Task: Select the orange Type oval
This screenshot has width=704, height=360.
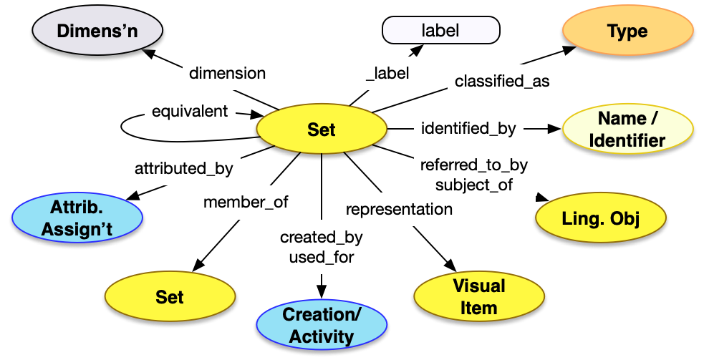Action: pyautogui.click(x=627, y=32)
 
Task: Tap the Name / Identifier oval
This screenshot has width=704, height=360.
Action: pyautogui.click(x=627, y=130)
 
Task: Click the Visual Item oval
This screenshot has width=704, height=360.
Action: pyautogui.click(x=478, y=297)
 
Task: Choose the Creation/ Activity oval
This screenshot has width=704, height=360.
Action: pyautogui.click(x=322, y=326)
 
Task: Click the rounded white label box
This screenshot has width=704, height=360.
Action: pyautogui.click(x=440, y=31)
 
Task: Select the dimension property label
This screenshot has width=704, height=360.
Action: pyautogui.click(x=227, y=73)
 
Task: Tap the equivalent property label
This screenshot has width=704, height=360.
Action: pyautogui.click(x=190, y=111)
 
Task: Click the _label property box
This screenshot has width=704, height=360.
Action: pyautogui.click(x=387, y=73)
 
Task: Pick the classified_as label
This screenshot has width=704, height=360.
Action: pyautogui.click(x=502, y=81)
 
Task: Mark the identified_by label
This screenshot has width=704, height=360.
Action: pyautogui.click(x=468, y=129)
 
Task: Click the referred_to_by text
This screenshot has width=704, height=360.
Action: pyautogui.click(x=473, y=165)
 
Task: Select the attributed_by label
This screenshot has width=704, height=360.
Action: pyautogui.click(x=184, y=169)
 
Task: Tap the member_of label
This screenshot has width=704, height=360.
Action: pyautogui.click(x=246, y=202)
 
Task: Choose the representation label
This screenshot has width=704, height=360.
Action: pyautogui.click(x=399, y=209)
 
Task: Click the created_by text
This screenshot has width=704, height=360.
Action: pyautogui.click(x=322, y=237)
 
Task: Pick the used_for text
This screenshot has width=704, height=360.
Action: pyautogui.click(x=322, y=257)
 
